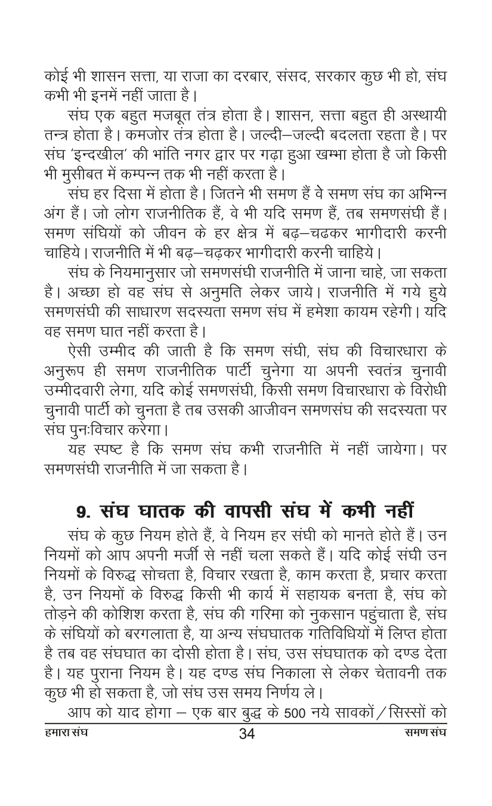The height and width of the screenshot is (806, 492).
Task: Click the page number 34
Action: [246, 750]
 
